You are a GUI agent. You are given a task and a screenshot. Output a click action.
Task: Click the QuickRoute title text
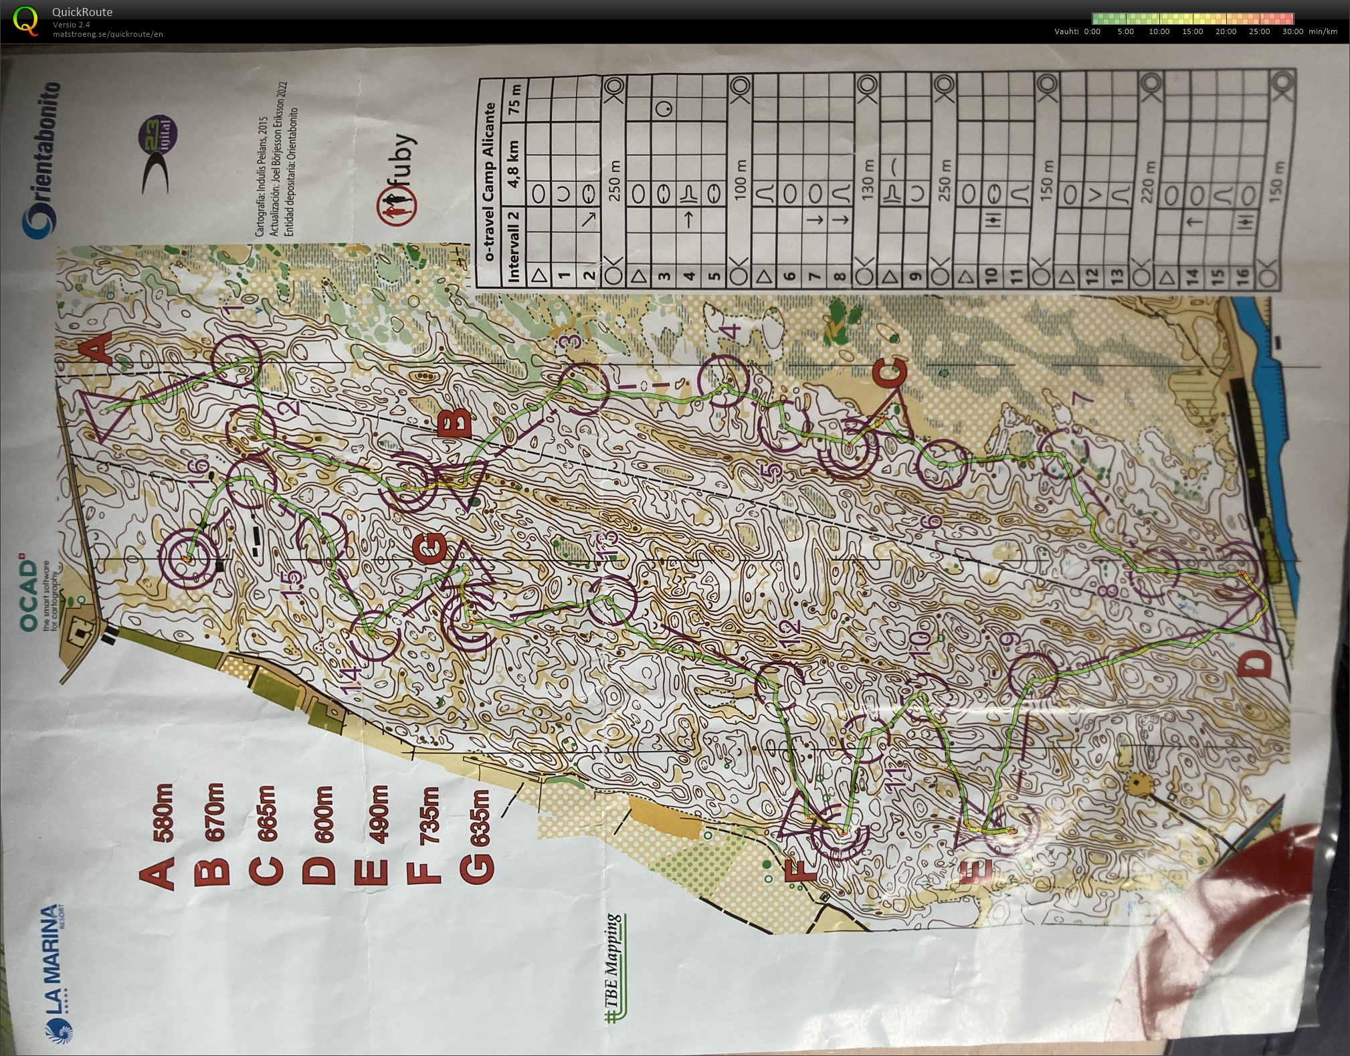click(x=82, y=11)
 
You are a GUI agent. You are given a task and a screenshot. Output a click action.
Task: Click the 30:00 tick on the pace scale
click(x=1292, y=31)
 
